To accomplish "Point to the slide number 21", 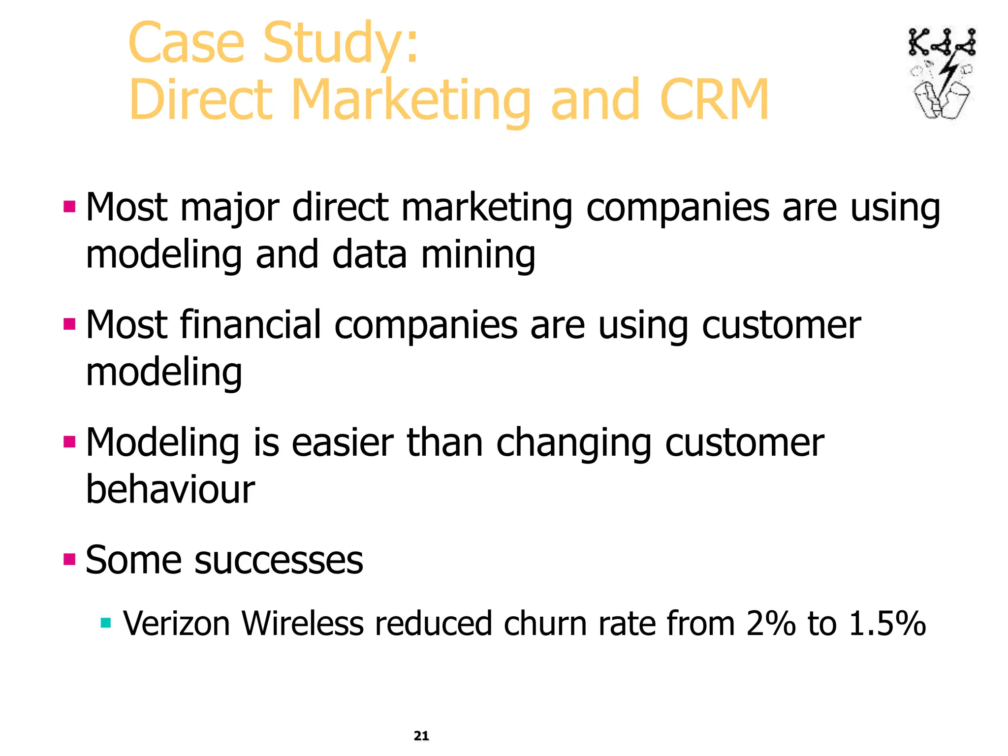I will [x=421, y=736].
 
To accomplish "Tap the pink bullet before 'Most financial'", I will [x=69, y=324].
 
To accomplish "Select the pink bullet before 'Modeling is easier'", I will [x=69, y=441].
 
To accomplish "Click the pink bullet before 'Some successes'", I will [x=69, y=559].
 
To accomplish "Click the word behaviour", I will [x=170, y=490].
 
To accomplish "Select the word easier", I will [x=343, y=443].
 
